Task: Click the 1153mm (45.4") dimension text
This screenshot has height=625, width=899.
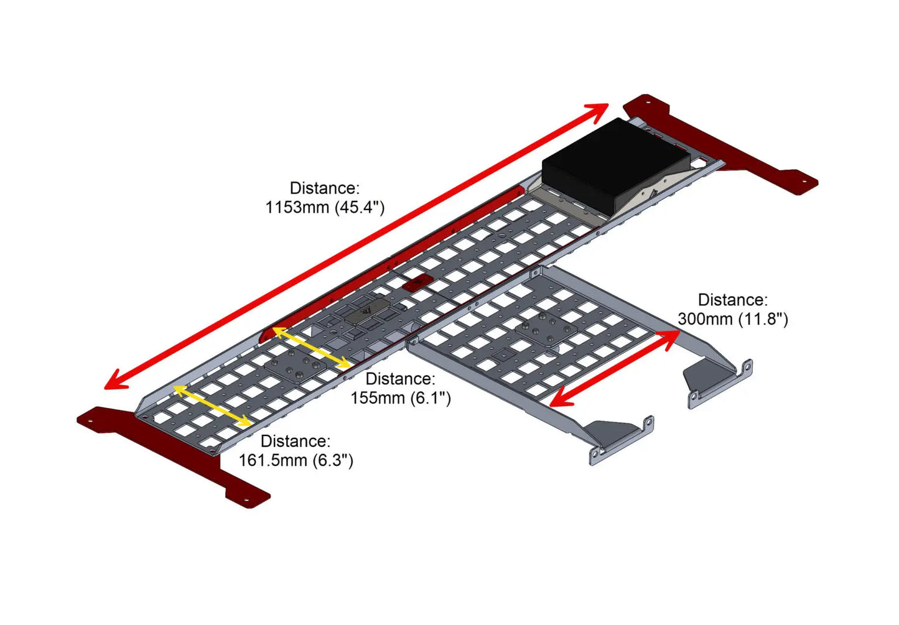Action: point(325,207)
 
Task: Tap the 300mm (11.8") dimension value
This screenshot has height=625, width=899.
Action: point(733,319)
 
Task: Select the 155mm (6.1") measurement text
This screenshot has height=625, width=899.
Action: point(401,398)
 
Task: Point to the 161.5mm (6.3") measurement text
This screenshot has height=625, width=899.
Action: point(296,460)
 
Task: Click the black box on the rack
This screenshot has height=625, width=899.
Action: point(616,165)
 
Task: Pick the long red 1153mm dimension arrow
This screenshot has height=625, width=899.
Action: point(356,246)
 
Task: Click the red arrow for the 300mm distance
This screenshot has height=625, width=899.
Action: point(614,369)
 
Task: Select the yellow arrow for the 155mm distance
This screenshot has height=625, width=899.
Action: point(312,348)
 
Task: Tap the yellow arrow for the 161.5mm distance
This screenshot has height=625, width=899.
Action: point(212,405)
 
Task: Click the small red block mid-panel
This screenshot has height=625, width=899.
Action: point(418,283)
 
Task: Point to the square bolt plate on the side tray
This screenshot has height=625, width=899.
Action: point(546,330)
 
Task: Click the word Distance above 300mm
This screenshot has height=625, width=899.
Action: point(733,300)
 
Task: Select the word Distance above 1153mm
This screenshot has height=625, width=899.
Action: point(325,188)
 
